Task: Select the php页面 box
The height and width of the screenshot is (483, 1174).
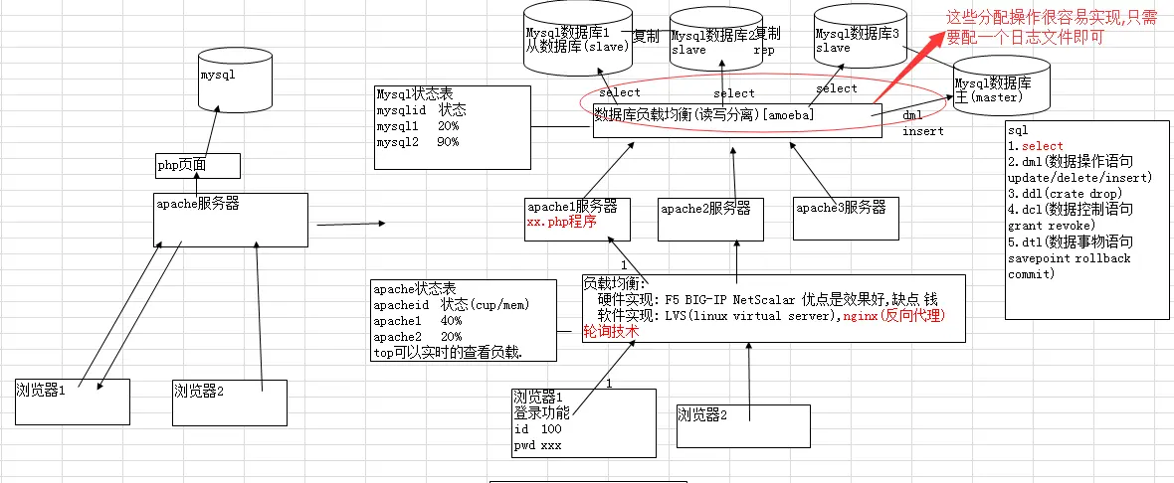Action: tap(197, 165)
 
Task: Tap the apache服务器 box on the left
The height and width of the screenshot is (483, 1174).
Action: tap(230, 219)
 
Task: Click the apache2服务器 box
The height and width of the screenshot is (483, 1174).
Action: tap(710, 219)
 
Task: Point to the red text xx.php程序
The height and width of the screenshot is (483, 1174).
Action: tap(561, 224)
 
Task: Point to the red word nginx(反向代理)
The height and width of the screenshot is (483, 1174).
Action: tap(893, 316)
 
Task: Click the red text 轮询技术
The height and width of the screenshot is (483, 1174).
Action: tap(610, 332)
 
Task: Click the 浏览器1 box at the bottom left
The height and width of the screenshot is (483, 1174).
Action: tap(72, 401)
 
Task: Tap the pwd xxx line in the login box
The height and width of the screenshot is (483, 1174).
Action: tap(538, 445)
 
